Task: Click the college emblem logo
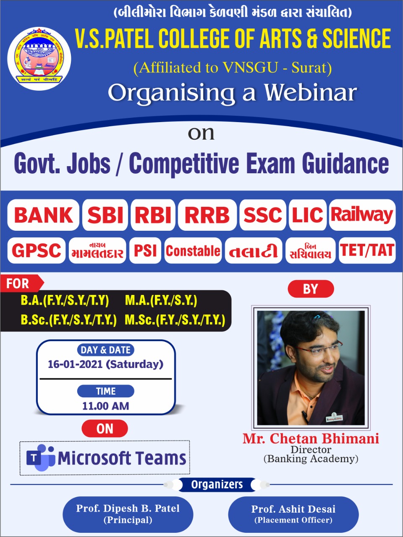[39, 59]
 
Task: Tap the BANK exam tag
[43, 215]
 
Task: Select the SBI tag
[105, 215]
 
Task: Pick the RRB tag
[207, 215]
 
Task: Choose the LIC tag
[308, 215]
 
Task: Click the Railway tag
[362, 215]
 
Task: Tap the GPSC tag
[37, 250]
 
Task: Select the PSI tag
[145, 250]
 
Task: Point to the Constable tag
[193, 250]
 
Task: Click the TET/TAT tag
[367, 250]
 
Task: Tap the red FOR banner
[22, 284]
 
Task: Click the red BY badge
[311, 289]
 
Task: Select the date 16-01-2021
[75, 364]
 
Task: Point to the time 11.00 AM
[106, 406]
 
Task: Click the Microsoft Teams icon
[41, 457]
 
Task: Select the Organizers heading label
[217, 485]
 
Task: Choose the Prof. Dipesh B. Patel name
[128, 508]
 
